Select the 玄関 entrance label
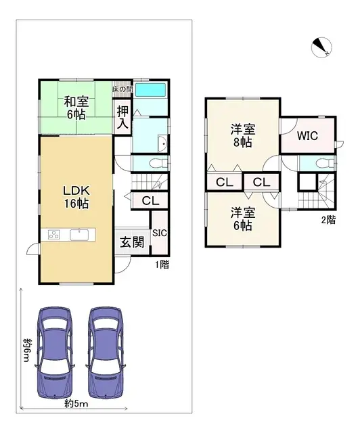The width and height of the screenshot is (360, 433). (x=131, y=243)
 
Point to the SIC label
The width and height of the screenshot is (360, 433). (x=160, y=233)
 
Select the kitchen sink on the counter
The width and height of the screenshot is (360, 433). (x=79, y=235)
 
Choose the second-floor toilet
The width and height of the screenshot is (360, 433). (x=323, y=162)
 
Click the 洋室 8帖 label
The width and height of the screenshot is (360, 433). (x=242, y=136)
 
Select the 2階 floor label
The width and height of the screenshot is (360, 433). (x=328, y=220)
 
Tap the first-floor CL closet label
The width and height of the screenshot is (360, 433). (x=150, y=201)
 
